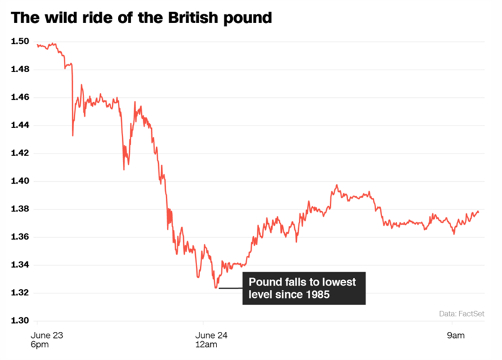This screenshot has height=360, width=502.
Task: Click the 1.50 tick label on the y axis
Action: [x=20, y=41]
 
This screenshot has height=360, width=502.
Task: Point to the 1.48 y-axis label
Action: [x=20, y=69]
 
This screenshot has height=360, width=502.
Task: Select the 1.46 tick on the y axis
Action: [x=20, y=97]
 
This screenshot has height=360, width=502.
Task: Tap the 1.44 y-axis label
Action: [x=20, y=125]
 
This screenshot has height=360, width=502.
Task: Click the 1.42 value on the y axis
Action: [x=20, y=153]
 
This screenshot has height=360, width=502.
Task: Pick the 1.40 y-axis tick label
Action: [x=20, y=181]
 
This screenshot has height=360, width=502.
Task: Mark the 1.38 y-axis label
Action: [x=20, y=209]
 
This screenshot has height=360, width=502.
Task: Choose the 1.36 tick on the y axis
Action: [x=20, y=237]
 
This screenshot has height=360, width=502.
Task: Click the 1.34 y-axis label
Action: [x=20, y=265]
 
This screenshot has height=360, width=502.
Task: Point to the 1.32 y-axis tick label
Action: [x=20, y=293]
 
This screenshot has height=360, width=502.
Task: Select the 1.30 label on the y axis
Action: [x=20, y=320]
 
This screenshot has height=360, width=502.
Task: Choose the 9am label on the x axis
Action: [x=456, y=336]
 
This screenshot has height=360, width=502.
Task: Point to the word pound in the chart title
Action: [x=250, y=18]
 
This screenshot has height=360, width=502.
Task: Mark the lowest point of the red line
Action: [x=216, y=288]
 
